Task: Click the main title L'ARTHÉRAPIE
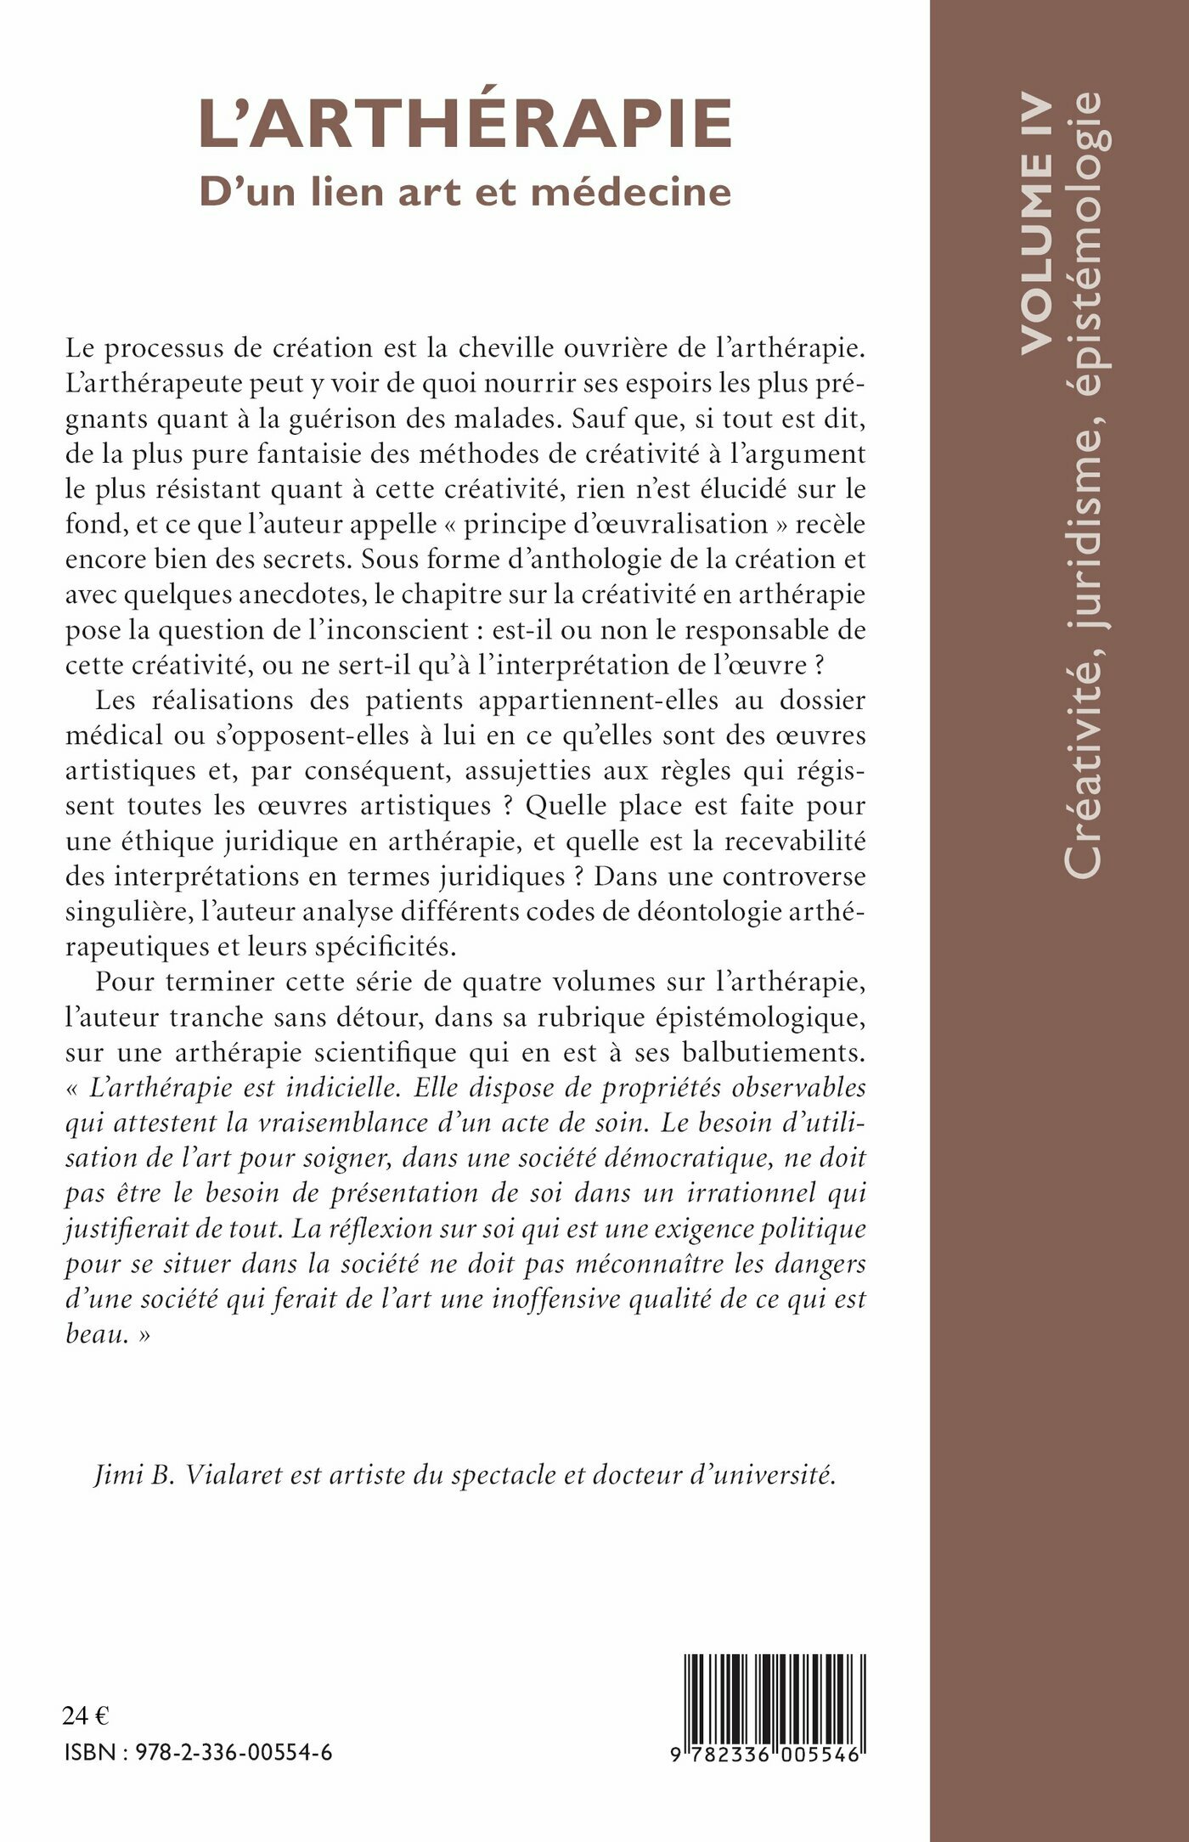tap(465, 125)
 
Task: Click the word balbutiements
tap(772, 1052)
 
